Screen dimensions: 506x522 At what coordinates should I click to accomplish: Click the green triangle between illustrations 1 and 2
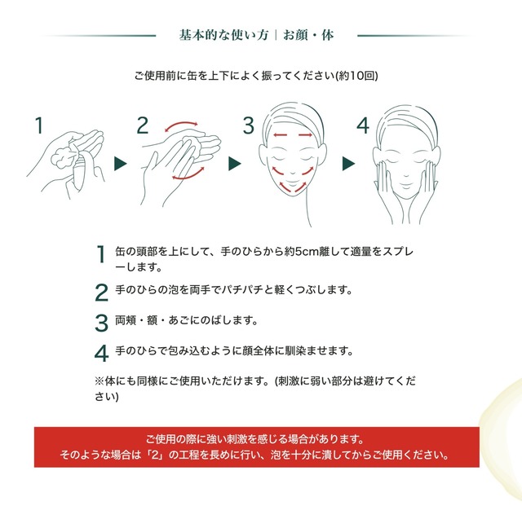click(x=121, y=164)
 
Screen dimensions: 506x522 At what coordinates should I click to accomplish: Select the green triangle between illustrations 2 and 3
click(x=234, y=164)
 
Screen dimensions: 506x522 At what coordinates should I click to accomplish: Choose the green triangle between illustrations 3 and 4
click(x=347, y=164)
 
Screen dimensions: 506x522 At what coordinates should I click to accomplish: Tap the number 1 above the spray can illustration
click(x=38, y=125)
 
